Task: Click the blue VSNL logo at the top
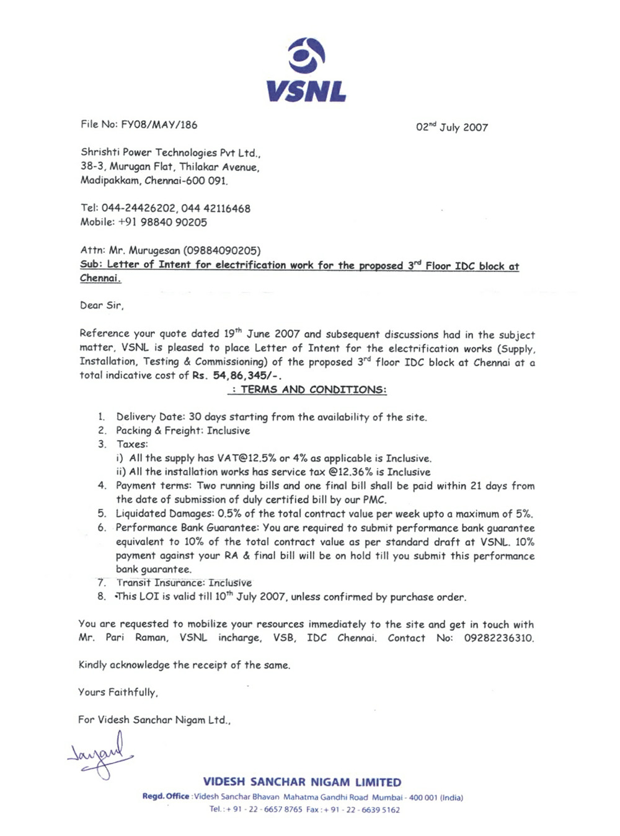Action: click(x=306, y=69)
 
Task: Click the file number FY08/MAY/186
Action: click(x=159, y=125)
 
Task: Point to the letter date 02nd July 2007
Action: click(x=451, y=127)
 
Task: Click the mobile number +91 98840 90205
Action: click(x=162, y=222)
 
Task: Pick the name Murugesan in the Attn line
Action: click(x=154, y=250)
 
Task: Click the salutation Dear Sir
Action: click(x=102, y=305)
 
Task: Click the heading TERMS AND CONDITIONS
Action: click(x=312, y=390)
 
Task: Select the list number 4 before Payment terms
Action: click(x=102, y=485)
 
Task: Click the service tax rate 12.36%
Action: click(x=350, y=472)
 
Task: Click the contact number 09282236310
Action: click(x=498, y=638)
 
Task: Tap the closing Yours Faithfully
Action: click(x=118, y=692)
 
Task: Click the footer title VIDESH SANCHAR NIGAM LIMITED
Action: click(x=302, y=782)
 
